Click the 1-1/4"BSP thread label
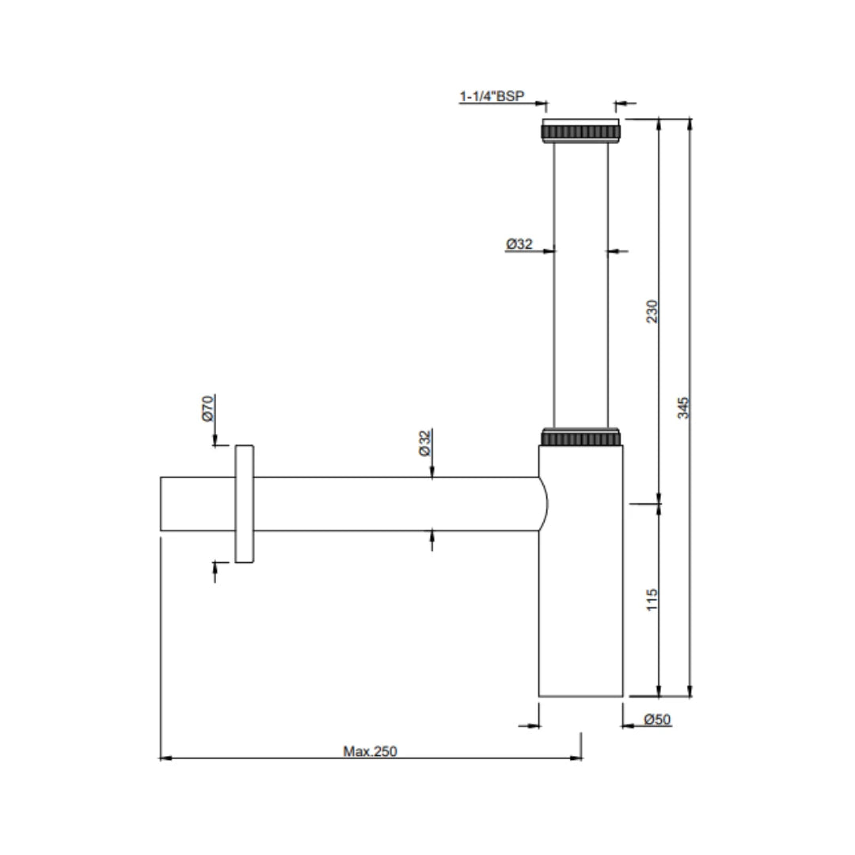pyautogui.click(x=492, y=97)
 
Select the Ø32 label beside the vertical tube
pyautogui.click(x=519, y=245)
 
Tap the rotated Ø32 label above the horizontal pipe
pyautogui.click(x=424, y=443)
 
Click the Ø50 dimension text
pyautogui.click(x=657, y=720)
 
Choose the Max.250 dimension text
pyautogui.click(x=370, y=751)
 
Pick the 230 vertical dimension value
pyautogui.click(x=652, y=312)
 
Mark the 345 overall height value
pyautogui.click(x=685, y=407)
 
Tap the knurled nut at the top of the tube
pyautogui.click(x=580, y=131)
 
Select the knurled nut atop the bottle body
pyautogui.click(x=580, y=438)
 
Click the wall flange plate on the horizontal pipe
pyautogui.click(x=244, y=503)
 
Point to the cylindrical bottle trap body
pyautogui.click(x=581, y=602)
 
